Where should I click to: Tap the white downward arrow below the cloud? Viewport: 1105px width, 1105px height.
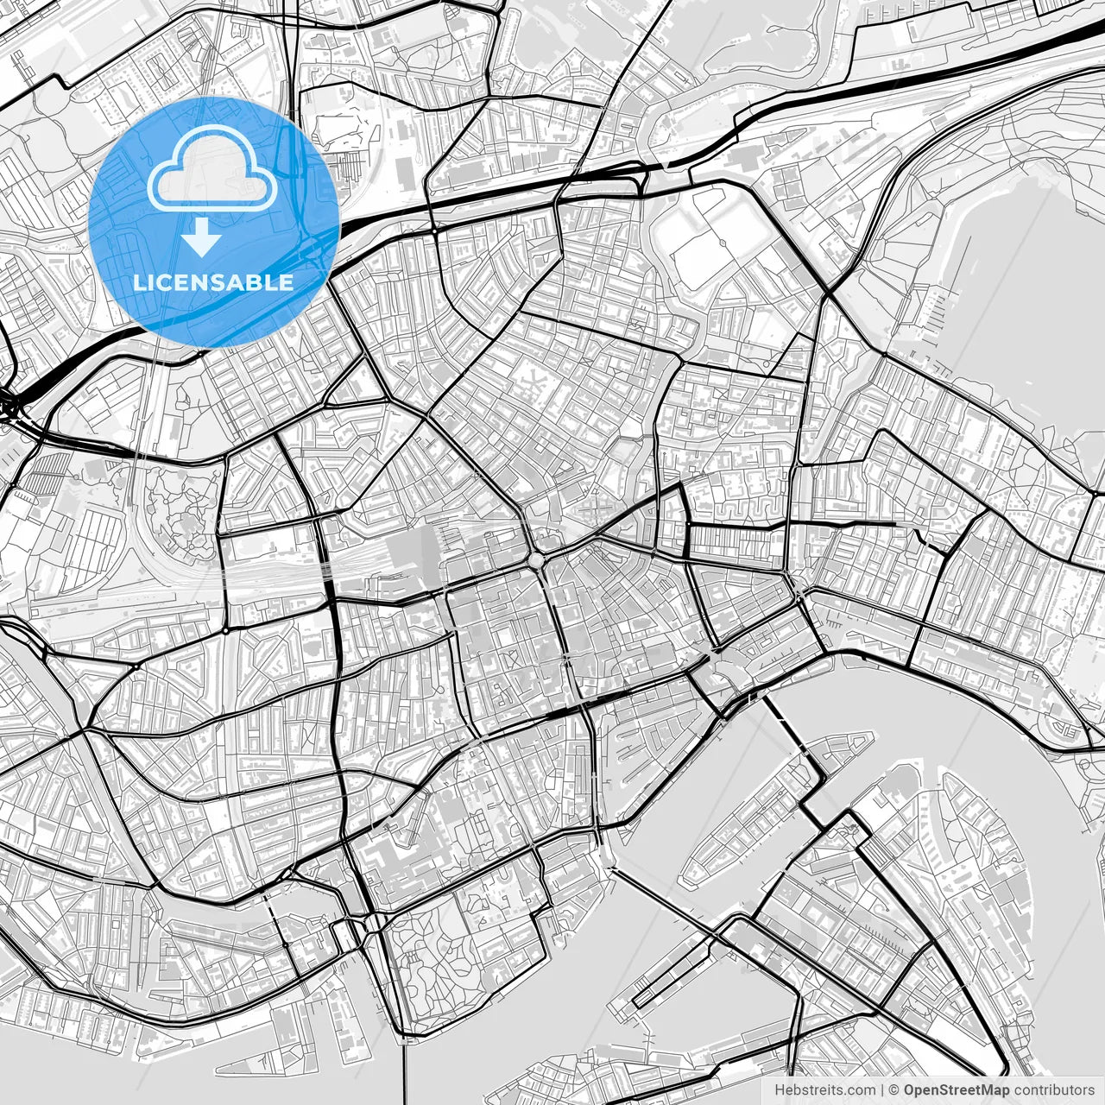(x=202, y=237)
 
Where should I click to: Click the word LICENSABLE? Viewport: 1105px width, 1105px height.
(x=213, y=282)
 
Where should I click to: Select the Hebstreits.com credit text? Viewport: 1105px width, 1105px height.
(x=824, y=1089)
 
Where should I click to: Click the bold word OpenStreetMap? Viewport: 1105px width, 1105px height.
(x=957, y=1089)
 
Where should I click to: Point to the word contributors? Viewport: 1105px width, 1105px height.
(x=1054, y=1089)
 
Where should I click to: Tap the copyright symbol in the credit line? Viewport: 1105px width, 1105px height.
(x=895, y=1089)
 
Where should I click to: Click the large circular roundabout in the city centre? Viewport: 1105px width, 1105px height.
(x=538, y=561)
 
